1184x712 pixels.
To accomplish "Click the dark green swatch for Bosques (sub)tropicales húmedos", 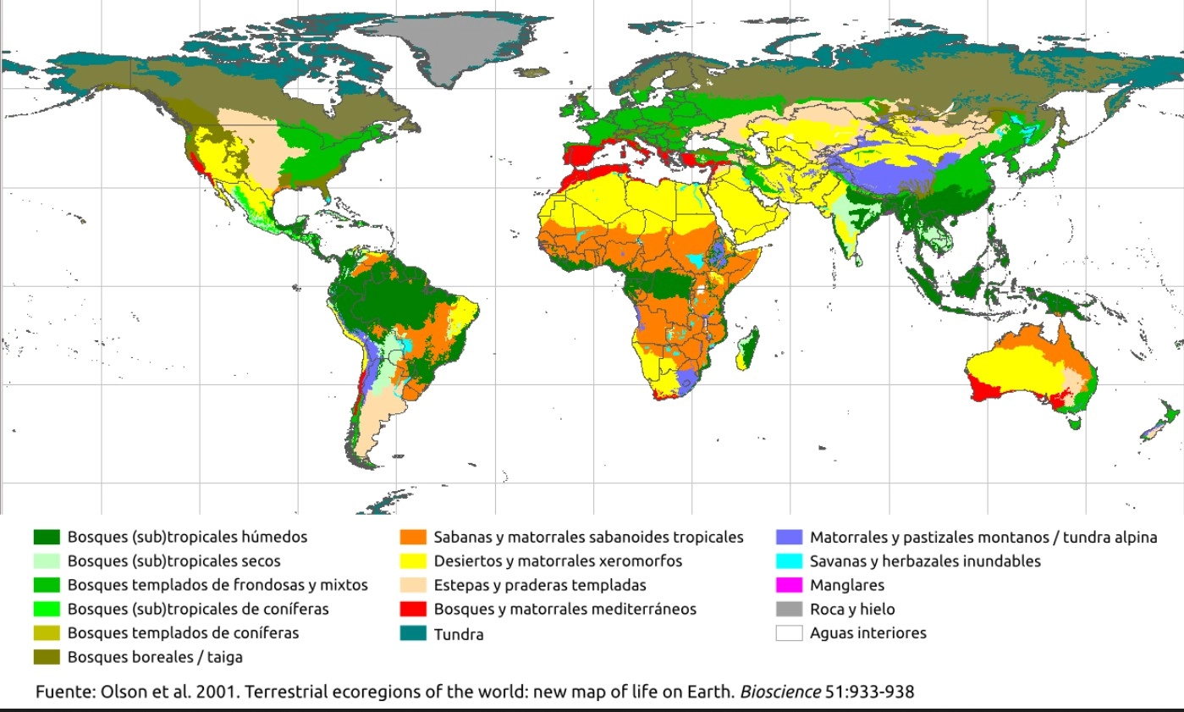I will [47, 537].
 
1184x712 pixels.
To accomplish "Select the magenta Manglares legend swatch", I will [789, 585].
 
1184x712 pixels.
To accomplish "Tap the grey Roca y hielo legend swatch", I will [789, 609].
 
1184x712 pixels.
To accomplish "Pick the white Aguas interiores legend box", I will [789, 632].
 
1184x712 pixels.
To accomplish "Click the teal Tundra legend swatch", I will [413, 633].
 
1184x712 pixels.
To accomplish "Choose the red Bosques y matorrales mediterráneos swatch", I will [413, 609].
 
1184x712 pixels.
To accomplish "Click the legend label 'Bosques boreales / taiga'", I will [154, 656].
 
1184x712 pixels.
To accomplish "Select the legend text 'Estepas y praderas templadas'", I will [540, 585].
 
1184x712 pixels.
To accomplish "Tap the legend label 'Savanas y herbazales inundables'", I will [925, 560].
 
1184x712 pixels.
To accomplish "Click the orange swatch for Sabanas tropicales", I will [413, 537].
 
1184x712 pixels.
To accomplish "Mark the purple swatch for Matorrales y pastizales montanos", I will [789, 537].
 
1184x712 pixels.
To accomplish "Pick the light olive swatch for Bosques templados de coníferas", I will [47, 632].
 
